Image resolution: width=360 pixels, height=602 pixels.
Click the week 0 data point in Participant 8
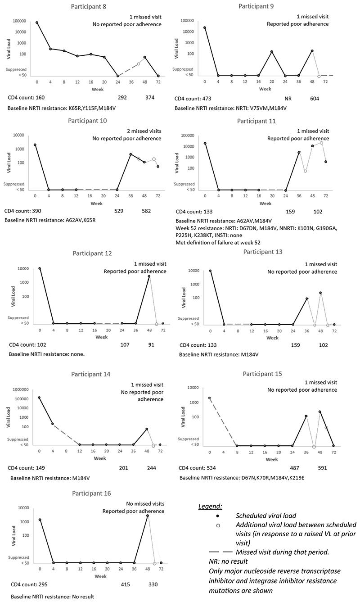(x=37, y=23)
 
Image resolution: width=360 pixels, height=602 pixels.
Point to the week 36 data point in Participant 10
(x=130, y=154)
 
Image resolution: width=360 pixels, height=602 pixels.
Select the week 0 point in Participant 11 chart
(x=205, y=144)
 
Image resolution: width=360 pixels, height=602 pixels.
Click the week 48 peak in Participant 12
(x=149, y=276)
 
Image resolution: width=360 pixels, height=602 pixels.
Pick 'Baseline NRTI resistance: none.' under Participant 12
(x=47, y=354)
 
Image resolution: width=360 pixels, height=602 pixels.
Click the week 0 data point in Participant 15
(x=209, y=398)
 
